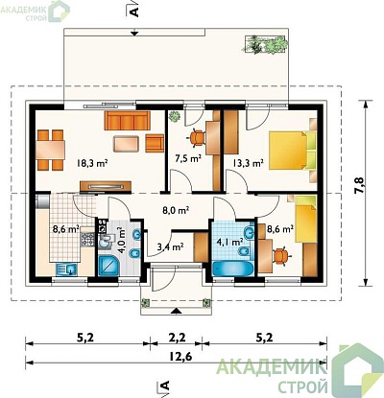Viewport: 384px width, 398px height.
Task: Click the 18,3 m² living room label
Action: [91, 163]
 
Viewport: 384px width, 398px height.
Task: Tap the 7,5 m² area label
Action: [188, 158]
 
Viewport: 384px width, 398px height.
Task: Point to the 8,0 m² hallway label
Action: [175, 211]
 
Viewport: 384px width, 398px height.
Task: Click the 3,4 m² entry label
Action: [170, 246]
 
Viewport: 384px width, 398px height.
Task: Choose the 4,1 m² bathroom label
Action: [229, 242]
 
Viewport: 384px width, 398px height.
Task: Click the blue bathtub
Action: [232, 269]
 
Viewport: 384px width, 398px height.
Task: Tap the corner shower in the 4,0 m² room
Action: [109, 266]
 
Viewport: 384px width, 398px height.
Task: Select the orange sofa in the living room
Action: [127, 121]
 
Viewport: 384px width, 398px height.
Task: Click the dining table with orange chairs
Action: [50, 150]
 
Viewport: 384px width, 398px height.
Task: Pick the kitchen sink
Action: [66, 269]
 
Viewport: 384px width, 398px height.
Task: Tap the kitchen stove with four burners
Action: [87, 240]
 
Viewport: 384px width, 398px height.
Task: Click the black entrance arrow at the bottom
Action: [177, 311]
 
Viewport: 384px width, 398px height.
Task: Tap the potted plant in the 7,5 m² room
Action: [175, 116]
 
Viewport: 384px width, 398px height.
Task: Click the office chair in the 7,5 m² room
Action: [196, 138]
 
